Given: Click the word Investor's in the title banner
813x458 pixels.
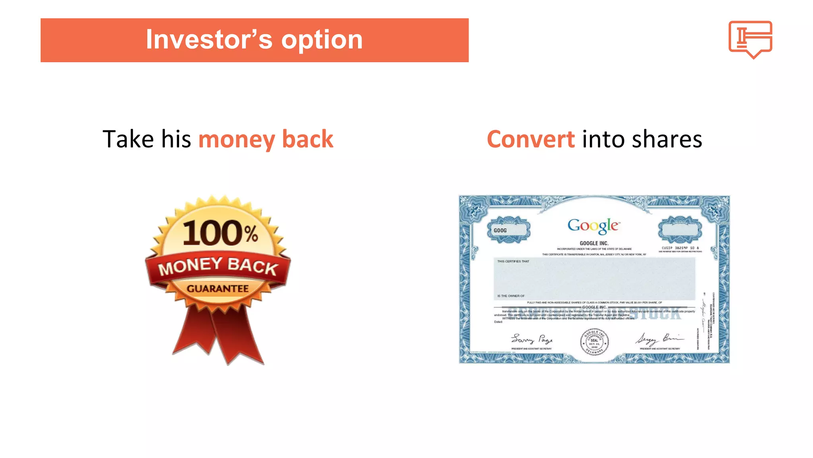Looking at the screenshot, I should pos(209,40).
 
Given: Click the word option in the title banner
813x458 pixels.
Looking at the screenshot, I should pos(322,40).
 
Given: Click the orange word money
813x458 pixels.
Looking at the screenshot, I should pos(237,140).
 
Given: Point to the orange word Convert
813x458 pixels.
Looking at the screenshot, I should pos(530,139).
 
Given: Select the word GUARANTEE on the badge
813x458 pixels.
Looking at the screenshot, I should pos(218,289).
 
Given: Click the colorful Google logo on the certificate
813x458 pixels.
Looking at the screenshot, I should pos(593,226).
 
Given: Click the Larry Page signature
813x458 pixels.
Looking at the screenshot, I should pos(532,339).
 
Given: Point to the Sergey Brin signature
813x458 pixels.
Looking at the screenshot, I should pos(659,339).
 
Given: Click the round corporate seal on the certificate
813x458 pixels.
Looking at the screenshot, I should pos(594,342).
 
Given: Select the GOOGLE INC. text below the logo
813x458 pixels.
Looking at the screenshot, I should pos(594,243).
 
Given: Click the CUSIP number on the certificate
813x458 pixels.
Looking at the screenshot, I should pos(680,248).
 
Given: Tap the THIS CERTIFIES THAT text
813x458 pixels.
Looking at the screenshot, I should pos(513,261).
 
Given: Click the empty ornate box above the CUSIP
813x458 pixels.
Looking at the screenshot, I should pos(680,230).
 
